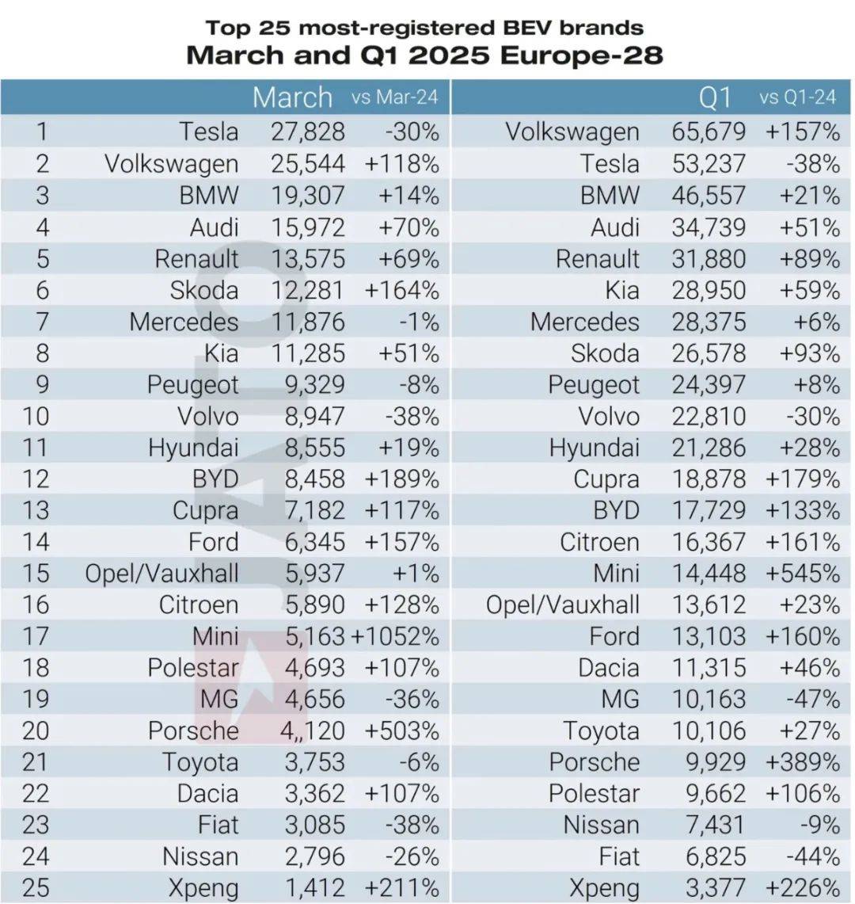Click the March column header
pyautogui.click(x=292, y=97)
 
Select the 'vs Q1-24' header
pyautogui.click(x=797, y=97)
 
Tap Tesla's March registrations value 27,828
pyautogui.click(x=308, y=132)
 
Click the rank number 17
pyautogui.click(x=36, y=636)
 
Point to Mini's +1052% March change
pyautogui.click(x=395, y=636)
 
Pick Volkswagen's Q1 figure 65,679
pyautogui.click(x=708, y=132)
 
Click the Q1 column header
pyautogui.click(x=715, y=97)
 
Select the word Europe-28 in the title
pyautogui.click(x=582, y=55)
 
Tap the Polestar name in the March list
pyautogui.click(x=193, y=668)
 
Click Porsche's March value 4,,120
pyautogui.click(x=312, y=730)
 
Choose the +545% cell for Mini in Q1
pyautogui.click(x=803, y=573)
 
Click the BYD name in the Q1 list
pyautogui.click(x=617, y=510)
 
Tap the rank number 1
pyautogui.click(x=42, y=132)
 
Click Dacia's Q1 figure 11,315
pyautogui.click(x=709, y=668)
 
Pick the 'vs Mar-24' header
pyautogui.click(x=395, y=97)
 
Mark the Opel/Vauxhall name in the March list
pyautogui.click(x=162, y=574)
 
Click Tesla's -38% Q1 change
pyautogui.click(x=813, y=164)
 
